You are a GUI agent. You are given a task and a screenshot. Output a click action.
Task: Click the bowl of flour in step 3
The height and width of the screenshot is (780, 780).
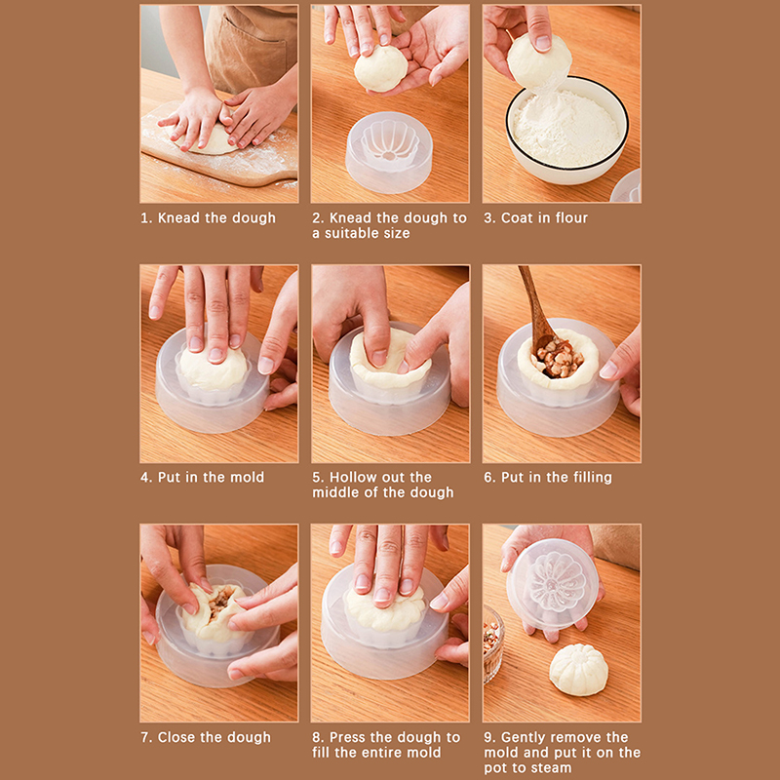(567, 131)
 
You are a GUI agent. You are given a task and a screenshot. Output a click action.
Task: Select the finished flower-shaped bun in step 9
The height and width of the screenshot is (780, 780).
(578, 669)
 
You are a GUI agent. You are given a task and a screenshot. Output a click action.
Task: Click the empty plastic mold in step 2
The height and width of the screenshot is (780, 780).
(389, 152)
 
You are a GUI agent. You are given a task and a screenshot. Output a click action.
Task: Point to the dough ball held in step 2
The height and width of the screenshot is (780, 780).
(380, 68)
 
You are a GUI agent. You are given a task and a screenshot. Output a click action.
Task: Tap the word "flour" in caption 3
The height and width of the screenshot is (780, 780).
(571, 217)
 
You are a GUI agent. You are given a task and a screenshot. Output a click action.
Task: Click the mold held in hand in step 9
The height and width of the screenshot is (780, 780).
(552, 584)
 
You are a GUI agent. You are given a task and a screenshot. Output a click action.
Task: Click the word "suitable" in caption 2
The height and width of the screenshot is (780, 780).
(353, 233)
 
